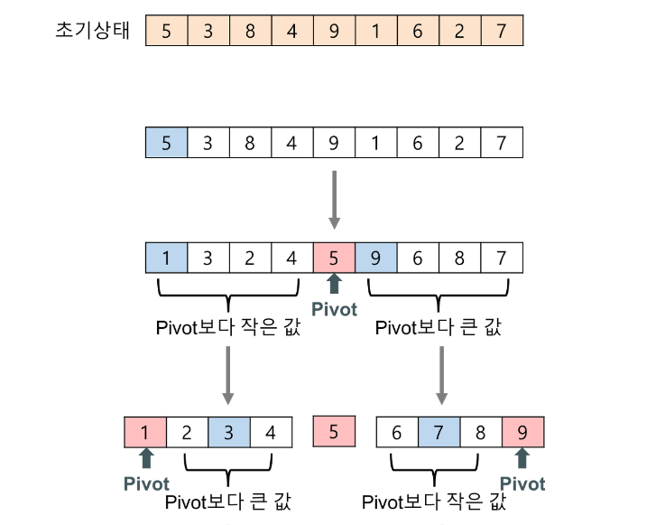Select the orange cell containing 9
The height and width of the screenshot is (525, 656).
(334, 30)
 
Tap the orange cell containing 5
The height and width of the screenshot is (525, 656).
(166, 30)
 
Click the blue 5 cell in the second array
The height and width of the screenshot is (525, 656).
(166, 142)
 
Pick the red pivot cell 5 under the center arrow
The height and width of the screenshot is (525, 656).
(334, 258)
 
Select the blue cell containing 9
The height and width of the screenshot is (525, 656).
(376, 258)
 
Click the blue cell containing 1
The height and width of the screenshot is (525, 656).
(166, 258)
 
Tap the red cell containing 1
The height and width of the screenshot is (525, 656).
(145, 431)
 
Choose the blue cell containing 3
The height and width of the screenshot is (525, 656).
(228, 431)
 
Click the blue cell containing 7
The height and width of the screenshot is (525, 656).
(439, 431)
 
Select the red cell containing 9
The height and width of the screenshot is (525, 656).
(522, 431)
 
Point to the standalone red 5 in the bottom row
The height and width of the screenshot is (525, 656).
(334, 431)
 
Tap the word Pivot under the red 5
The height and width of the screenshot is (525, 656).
(334, 310)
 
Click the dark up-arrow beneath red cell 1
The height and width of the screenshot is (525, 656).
(146, 459)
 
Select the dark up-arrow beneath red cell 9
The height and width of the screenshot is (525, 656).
(522, 459)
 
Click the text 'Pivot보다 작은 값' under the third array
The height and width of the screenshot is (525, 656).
(228, 328)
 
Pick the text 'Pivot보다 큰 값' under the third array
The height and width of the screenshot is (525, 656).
(438, 328)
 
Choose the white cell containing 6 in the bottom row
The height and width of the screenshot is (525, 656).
(397, 431)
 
